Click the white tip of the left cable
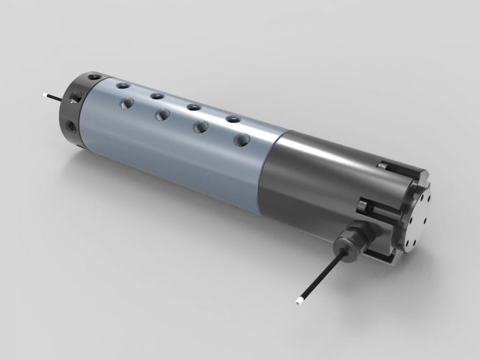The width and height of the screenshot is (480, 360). click(x=46, y=95)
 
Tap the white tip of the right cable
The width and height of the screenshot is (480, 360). click(x=299, y=302)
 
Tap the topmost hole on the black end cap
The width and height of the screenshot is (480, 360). click(x=94, y=77)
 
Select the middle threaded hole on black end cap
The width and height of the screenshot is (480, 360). click(x=76, y=97)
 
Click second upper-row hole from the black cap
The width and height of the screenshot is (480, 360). click(x=157, y=96)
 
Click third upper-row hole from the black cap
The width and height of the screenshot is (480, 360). click(x=193, y=107)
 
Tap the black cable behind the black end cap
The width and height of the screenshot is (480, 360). click(x=56, y=97)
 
